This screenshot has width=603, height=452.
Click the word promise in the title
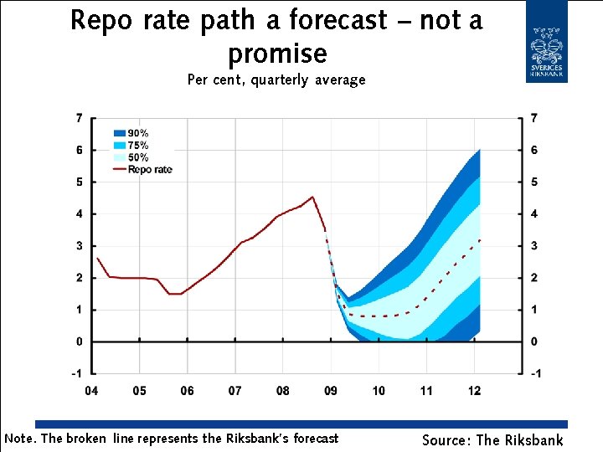tap(277, 53)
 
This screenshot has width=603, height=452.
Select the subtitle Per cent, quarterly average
tap(276, 80)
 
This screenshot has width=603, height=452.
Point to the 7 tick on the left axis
tap(79, 118)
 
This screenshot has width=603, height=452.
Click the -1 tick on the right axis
tap(533, 373)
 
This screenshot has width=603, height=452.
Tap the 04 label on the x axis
tap(90, 391)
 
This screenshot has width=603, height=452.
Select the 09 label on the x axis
tap(331, 391)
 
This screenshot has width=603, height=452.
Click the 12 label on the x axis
tap(475, 391)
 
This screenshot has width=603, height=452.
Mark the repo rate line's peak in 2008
tap(312, 197)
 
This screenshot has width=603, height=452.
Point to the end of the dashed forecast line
tap(480, 239)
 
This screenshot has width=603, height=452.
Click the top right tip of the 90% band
tap(479, 150)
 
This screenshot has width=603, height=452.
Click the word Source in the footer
tap(446, 439)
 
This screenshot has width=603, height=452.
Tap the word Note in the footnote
tap(20, 438)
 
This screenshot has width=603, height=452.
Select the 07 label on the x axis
tap(235, 391)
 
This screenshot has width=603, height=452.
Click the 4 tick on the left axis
tap(79, 214)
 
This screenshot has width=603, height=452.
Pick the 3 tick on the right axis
tap(533, 246)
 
